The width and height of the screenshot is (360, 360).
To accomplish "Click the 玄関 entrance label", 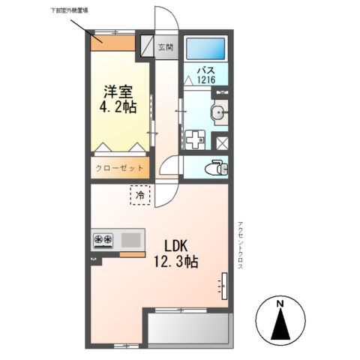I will point(165,47).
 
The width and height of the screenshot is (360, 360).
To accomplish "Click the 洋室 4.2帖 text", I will point(119,100).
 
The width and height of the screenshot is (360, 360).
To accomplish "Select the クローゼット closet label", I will point(119,169).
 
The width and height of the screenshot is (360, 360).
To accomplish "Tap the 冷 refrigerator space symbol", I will point(140,196).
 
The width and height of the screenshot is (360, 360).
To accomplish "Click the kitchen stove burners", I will point(103,240).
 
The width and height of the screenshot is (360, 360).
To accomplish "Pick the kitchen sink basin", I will point(130,240).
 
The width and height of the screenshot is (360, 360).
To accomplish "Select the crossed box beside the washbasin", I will point(222,141).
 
